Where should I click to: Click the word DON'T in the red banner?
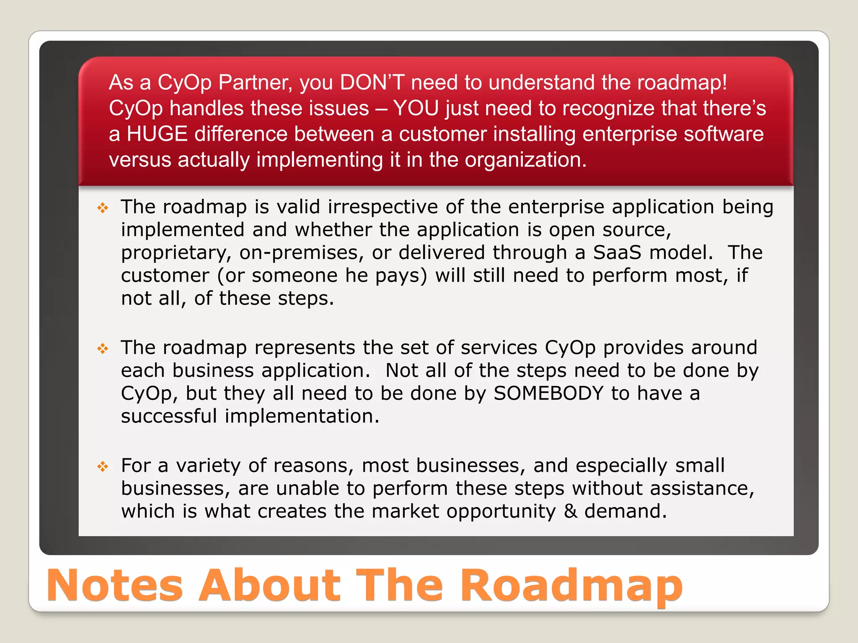click(372, 82)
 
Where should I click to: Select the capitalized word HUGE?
click(157, 134)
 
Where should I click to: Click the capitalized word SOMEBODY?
click(548, 394)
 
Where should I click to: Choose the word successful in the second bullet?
click(169, 416)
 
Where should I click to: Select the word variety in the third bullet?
click(208, 466)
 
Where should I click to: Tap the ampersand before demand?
click(570, 512)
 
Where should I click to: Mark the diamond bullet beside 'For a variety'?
click(103, 466)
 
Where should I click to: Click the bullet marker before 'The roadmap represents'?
click(103, 348)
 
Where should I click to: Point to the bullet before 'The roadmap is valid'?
click(103, 208)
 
